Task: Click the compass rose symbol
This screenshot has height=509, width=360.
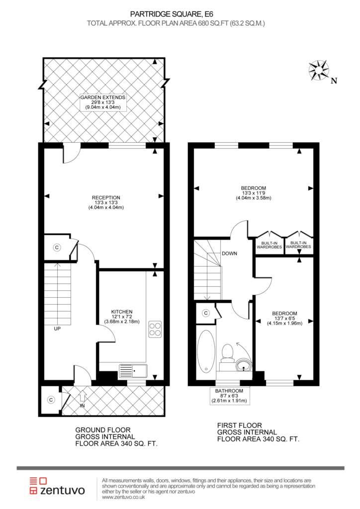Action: tap(318, 70)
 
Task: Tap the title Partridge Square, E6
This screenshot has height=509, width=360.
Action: tap(172, 14)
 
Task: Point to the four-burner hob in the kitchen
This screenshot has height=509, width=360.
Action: tap(155, 330)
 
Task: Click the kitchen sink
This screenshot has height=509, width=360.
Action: tap(133, 370)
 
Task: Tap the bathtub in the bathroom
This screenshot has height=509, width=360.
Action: tap(206, 351)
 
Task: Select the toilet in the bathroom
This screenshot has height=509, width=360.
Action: tap(227, 355)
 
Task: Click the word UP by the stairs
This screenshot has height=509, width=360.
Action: tap(57, 329)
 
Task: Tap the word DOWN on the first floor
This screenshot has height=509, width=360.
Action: tap(230, 253)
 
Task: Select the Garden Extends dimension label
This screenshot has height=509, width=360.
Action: tap(103, 102)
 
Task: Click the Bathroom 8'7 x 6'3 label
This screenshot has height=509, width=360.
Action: tap(229, 396)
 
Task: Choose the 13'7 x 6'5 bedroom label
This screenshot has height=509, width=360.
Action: tap(285, 318)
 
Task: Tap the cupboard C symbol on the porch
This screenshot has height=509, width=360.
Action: tap(51, 400)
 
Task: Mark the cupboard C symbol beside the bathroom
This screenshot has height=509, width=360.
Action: tap(206, 313)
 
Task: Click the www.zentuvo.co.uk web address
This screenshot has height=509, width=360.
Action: tap(123, 497)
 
